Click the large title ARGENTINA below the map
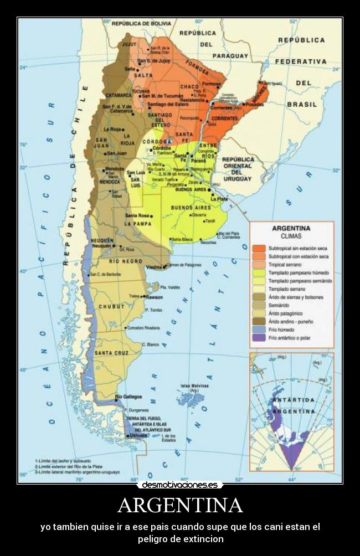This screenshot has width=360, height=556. (x=180, y=506)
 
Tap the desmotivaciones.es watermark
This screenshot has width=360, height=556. (x=180, y=485)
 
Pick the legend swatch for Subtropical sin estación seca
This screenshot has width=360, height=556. (x=259, y=248)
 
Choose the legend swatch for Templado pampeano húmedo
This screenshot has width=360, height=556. (x=259, y=272)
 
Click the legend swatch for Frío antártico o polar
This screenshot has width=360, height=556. (x=259, y=337)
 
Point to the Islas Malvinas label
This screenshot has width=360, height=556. (x=194, y=385)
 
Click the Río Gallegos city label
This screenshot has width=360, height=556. (x=129, y=397)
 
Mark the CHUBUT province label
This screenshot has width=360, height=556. (x=111, y=306)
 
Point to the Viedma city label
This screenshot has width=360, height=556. (x=153, y=267)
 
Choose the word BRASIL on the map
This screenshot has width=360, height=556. (x=302, y=104)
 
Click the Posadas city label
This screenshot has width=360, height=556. (x=255, y=104)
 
